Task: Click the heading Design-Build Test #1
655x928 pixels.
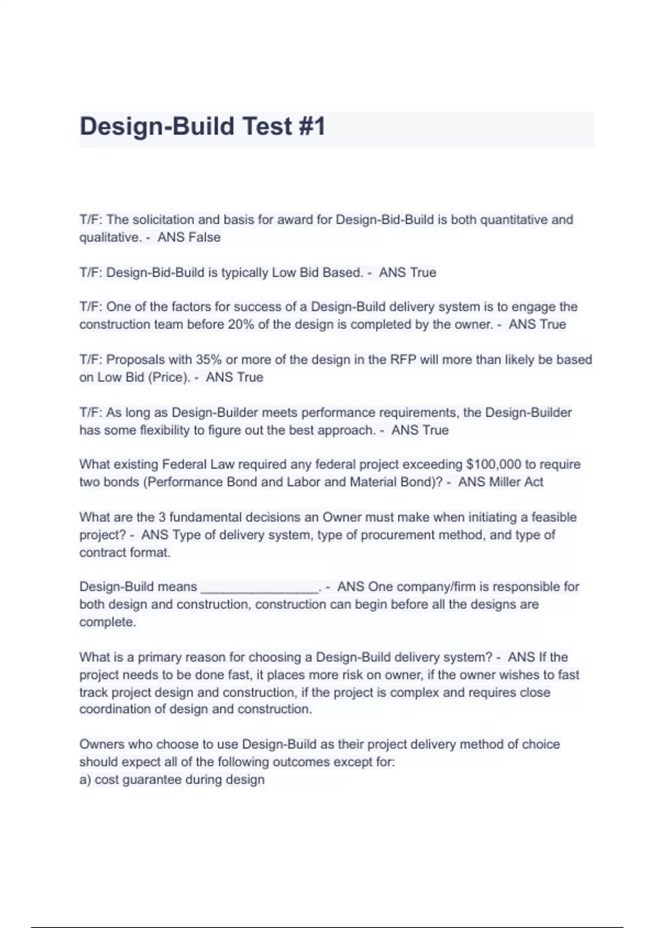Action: pos(203,127)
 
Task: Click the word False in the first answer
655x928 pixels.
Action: pos(204,237)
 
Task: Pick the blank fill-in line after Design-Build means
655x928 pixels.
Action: pos(259,587)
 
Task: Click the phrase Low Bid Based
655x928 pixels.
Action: pos(317,272)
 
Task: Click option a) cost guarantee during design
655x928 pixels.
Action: pos(172,780)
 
